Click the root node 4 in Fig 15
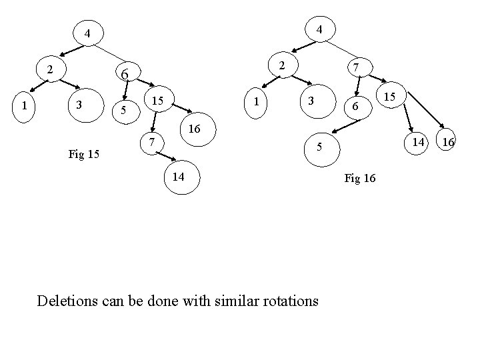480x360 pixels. [x=87, y=33]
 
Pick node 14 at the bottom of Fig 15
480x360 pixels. [x=179, y=177]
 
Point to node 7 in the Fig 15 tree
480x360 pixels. [x=153, y=142]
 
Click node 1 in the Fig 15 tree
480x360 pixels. [x=25, y=105]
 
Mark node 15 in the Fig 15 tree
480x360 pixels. [x=157, y=101]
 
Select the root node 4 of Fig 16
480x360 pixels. [x=320, y=30]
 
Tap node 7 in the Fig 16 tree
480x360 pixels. [x=357, y=68]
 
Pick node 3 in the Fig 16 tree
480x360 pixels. [x=311, y=101]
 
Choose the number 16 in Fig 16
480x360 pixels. [x=448, y=142]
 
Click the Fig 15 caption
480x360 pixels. [x=84, y=155]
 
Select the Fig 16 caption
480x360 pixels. [x=360, y=178]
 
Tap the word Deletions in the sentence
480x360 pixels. [x=71, y=301]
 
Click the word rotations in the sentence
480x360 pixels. [x=285, y=301]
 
